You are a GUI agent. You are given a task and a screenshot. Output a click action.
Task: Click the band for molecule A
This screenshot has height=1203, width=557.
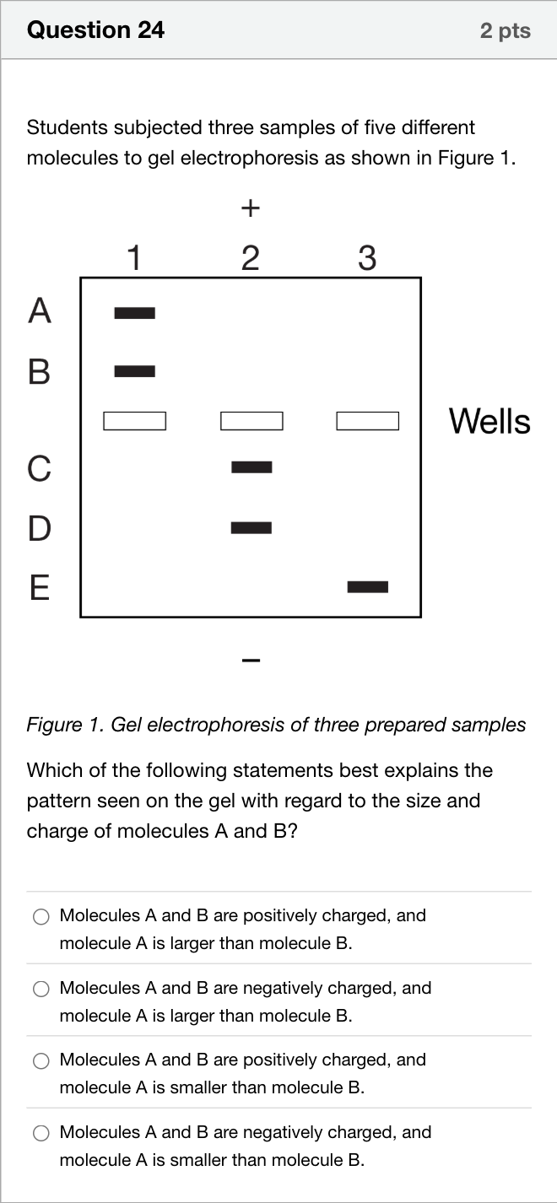tap(135, 313)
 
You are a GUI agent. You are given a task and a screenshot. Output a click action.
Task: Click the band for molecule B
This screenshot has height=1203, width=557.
tap(135, 371)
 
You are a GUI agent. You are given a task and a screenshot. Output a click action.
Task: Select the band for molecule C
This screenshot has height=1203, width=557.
tap(251, 467)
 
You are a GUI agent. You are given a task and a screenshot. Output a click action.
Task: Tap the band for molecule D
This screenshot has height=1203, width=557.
tap(251, 527)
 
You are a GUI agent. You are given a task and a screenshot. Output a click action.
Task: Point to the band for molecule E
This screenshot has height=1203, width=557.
tap(368, 586)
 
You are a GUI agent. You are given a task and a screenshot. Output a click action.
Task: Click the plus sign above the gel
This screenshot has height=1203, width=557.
tap(251, 208)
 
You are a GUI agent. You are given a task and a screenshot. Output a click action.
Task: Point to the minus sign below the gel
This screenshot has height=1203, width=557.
tap(251, 660)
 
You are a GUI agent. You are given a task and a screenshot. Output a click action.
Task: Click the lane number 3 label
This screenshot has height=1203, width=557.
tap(367, 258)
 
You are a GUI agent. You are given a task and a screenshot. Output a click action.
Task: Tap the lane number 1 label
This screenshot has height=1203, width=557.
tap(134, 258)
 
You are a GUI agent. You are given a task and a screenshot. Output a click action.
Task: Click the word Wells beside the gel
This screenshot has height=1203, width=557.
tap(489, 421)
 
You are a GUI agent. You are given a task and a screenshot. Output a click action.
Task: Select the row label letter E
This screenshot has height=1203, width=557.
tap(39, 587)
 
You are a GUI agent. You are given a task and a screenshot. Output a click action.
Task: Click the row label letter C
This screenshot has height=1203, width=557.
tap(39, 467)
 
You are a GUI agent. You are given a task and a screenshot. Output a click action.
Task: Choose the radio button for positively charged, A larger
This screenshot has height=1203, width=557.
tap(41, 917)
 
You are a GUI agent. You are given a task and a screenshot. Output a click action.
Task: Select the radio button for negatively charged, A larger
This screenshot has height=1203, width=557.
tap(41, 989)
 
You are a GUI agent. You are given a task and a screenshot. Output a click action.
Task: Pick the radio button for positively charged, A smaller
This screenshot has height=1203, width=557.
tap(41, 1060)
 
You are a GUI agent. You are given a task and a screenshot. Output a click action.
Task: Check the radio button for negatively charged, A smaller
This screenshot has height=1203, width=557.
tap(41, 1133)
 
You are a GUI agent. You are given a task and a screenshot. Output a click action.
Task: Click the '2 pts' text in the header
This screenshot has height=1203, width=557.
tap(506, 30)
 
